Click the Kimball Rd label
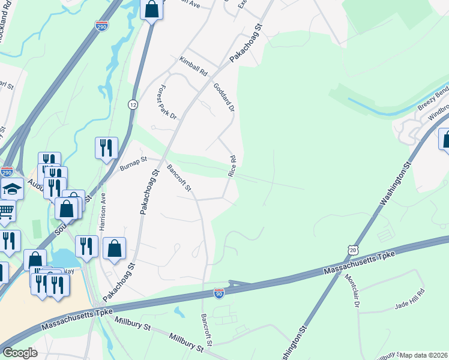click(x=193, y=66)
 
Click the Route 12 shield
click(x=133, y=104)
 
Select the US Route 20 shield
click(x=352, y=248)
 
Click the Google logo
click(x=20, y=353)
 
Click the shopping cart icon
click(x=5, y=211)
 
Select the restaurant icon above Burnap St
click(x=106, y=148)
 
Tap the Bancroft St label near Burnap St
click(x=179, y=178)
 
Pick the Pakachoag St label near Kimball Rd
click(x=247, y=44)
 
